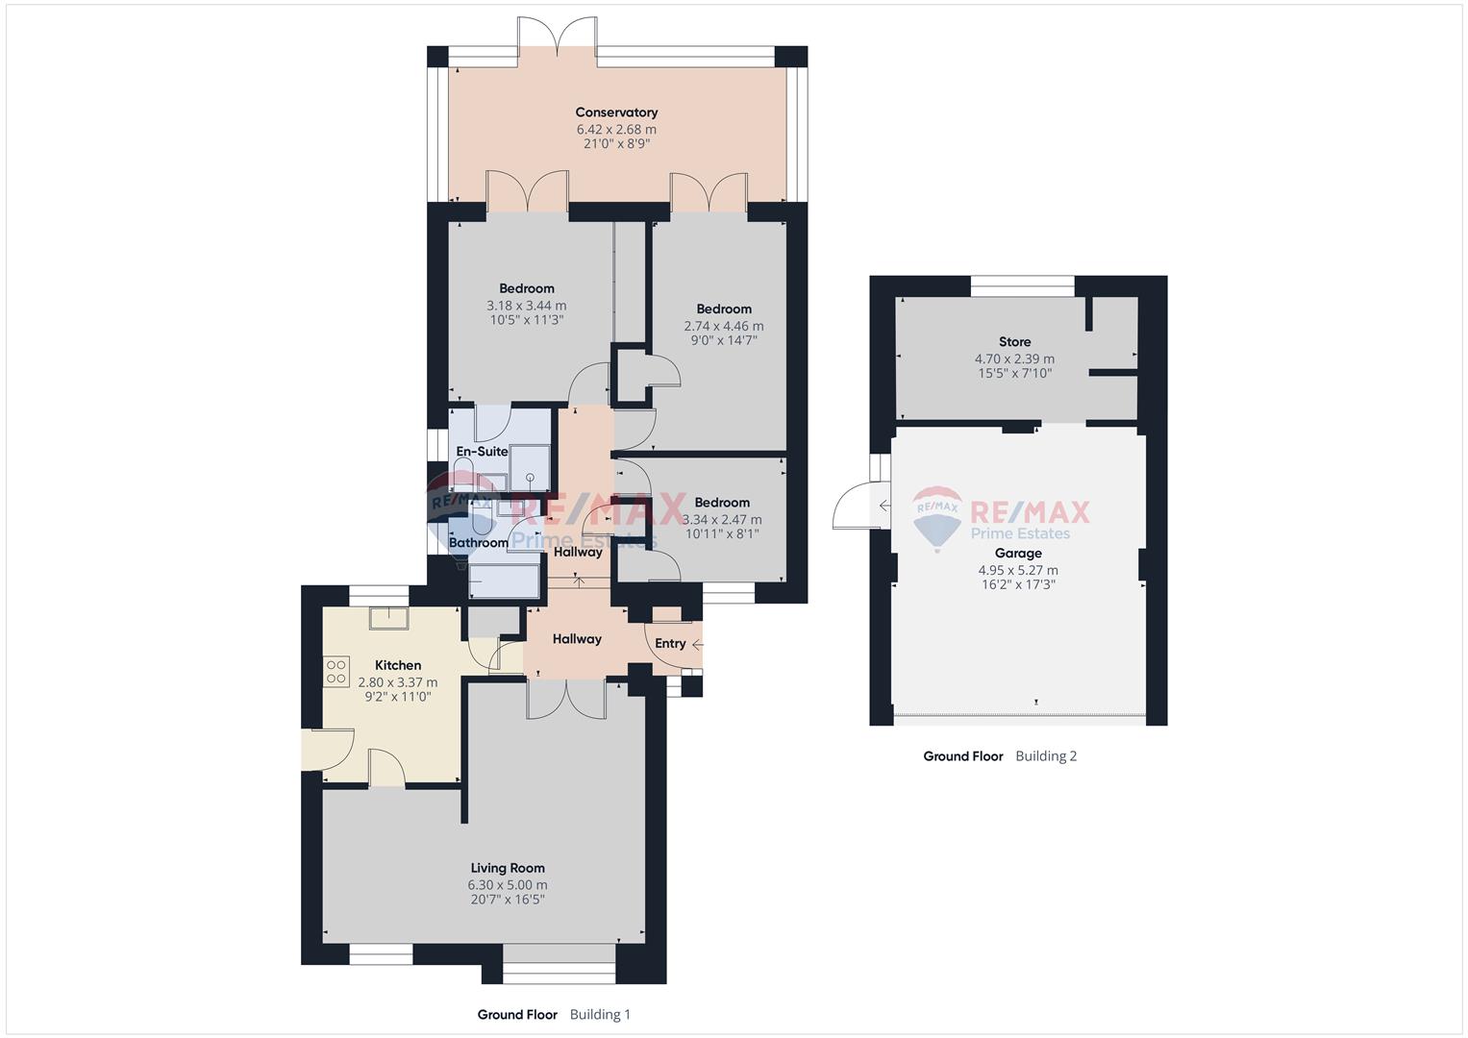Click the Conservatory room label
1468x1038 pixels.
click(x=616, y=112)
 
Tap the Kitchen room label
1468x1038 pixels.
click(x=398, y=665)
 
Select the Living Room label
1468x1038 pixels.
click(x=508, y=868)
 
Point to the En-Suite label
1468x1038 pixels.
click(x=482, y=452)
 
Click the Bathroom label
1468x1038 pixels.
click(x=479, y=543)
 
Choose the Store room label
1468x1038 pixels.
click(x=1014, y=342)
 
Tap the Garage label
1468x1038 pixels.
click(x=1018, y=554)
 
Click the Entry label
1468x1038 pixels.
click(x=670, y=644)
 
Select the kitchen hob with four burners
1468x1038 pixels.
click(x=336, y=672)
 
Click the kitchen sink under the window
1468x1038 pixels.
click(x=388, y=619)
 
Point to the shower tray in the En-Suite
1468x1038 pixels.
click(x=530, y=469)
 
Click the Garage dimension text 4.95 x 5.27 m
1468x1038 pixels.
click(x=1018, y=570)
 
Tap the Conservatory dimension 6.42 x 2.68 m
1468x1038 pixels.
click(x=616, y=130)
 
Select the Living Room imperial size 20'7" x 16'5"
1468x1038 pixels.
click(x=508, y=900)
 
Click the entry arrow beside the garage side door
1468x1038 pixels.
click(x=884, y=506)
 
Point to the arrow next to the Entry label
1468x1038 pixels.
click(x=697, y=645)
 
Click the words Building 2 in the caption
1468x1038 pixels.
click(x=1046, y=756)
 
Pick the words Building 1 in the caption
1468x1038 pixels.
click(x=600, y=1015)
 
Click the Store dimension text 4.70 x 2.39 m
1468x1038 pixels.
click(x=1014, y=359)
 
